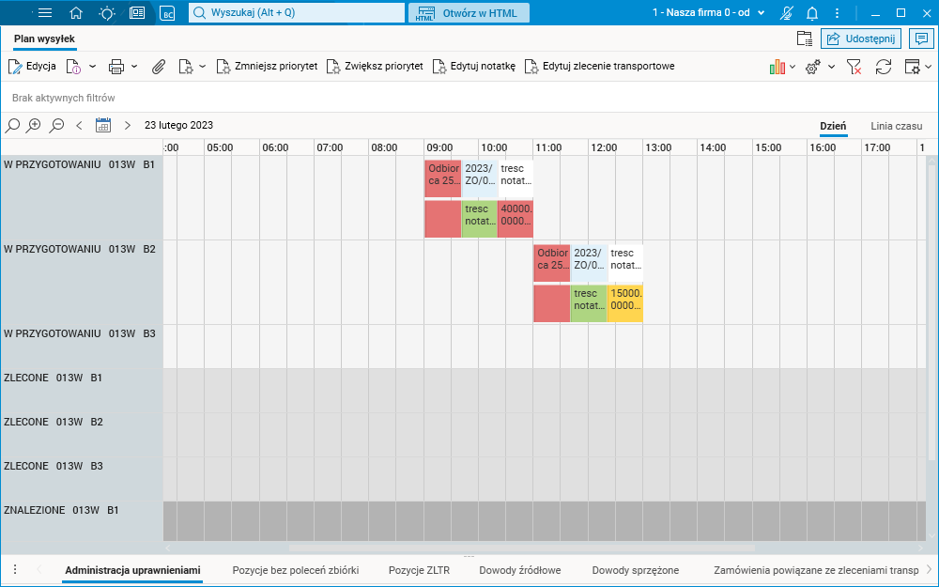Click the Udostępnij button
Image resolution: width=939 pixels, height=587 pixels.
(861, 39)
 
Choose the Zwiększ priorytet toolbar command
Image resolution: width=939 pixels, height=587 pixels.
(374, 67)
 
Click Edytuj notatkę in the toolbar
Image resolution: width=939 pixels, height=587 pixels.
(473, 67)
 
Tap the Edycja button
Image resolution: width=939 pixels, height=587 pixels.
(33, 67)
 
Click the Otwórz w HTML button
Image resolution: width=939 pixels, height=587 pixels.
(469, 13)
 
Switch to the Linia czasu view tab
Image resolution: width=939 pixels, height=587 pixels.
(896, 126)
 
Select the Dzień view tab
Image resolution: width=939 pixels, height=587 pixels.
(833, 126)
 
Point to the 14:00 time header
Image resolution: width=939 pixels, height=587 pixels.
(712, 147)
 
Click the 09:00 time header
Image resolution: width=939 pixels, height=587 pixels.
(439, 147)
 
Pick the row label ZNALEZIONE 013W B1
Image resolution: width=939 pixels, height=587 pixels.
(62, 510)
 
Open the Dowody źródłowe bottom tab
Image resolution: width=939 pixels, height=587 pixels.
(519, 570)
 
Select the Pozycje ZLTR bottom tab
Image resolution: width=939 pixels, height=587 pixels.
(419, 570)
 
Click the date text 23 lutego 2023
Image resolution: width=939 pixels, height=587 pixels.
(178, 125)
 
